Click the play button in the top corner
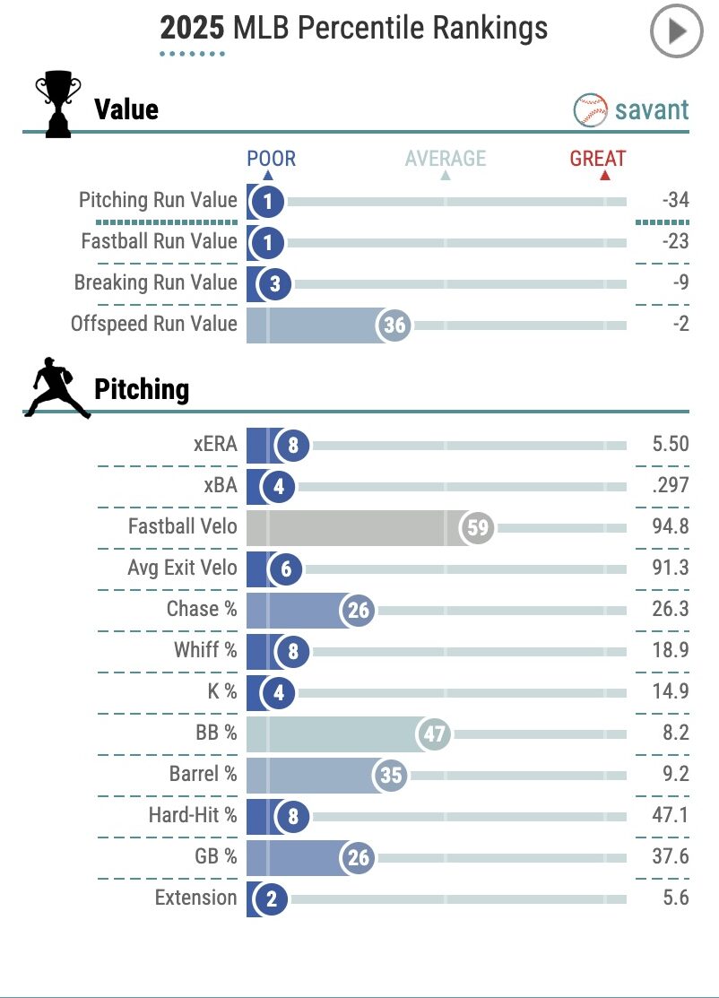674,32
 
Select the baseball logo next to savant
590,110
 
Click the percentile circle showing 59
478,527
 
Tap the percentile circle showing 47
434,734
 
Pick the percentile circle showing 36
394,325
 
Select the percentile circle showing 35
391,775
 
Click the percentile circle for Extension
271,899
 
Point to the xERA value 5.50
671,445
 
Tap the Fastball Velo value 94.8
671,526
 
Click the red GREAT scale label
598,160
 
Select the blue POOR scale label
271,160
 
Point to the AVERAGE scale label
446,160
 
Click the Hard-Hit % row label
193,815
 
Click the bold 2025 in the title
193,29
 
